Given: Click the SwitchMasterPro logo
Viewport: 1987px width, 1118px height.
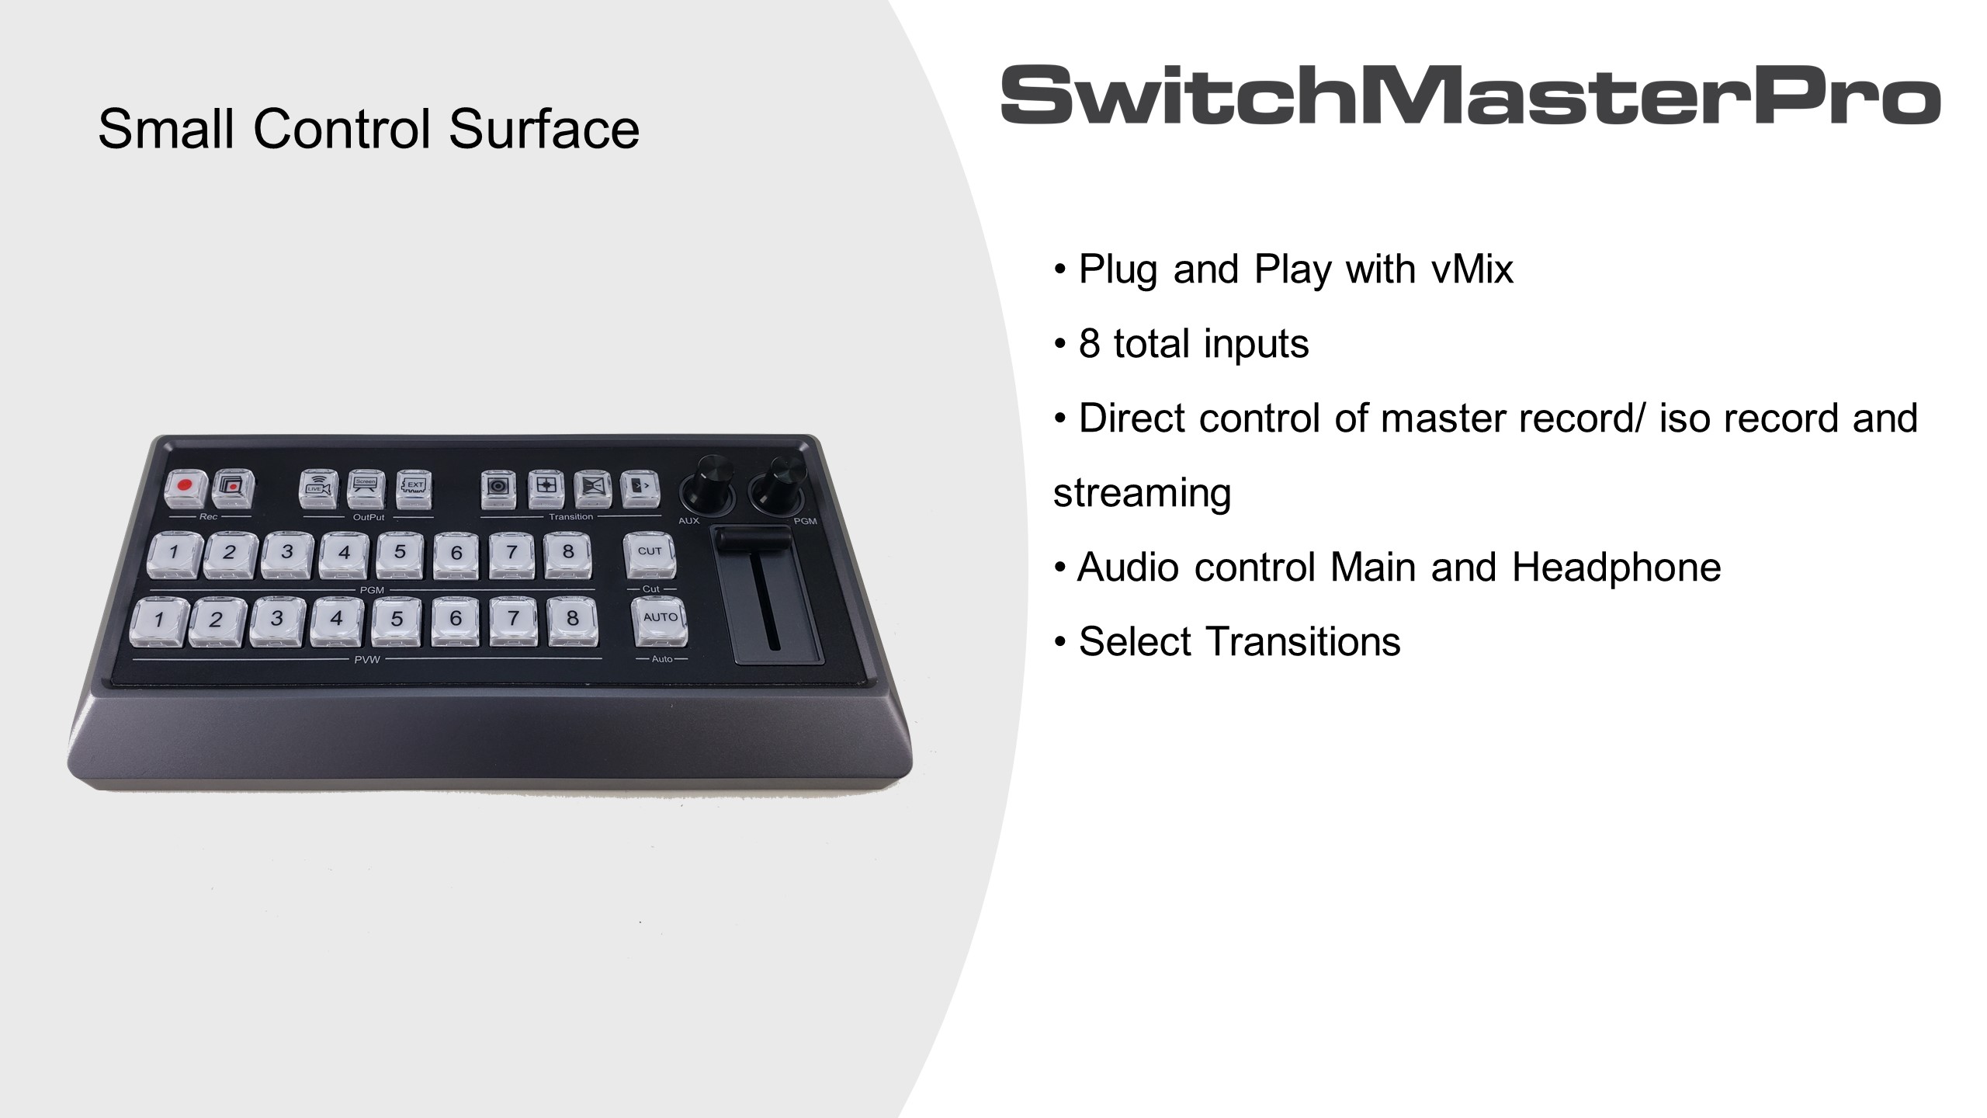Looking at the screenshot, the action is [1470, 95].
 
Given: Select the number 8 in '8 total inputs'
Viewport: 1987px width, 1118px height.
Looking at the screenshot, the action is [1089, 343].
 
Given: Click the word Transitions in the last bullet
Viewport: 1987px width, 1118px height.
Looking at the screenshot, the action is [1304, 641].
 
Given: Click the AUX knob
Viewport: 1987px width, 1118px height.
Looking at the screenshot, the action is [706, 484].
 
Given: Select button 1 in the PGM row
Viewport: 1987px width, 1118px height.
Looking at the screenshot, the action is [173, 554].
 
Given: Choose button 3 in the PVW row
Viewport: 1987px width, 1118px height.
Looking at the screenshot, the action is [276, 620].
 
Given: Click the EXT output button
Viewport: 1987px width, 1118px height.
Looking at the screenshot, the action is [414, 489].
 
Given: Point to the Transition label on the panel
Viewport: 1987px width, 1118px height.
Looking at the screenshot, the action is [570, 517].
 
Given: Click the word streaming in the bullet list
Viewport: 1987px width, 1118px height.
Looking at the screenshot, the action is [1142, 494].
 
